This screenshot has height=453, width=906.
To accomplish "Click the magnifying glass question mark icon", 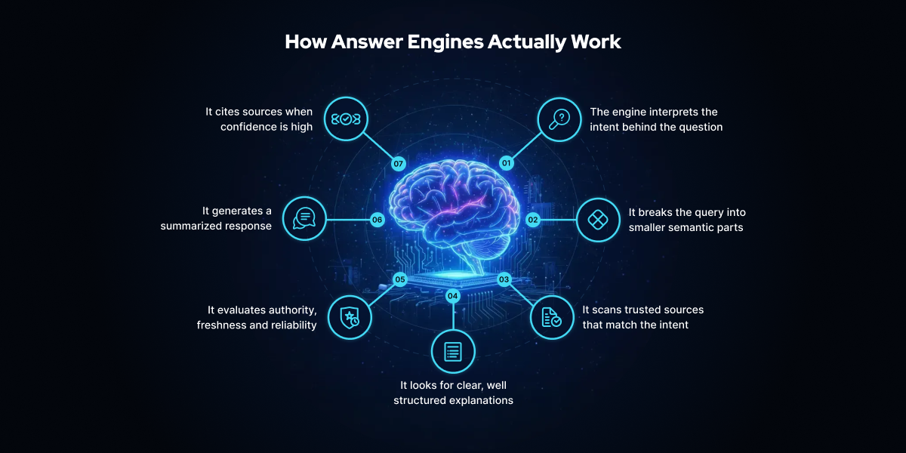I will tap(559, 119).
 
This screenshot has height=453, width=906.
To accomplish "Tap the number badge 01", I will tap(507, 163).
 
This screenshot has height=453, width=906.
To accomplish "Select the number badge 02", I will tap(533, 220).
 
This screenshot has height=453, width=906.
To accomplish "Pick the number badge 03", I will tap(504, 279).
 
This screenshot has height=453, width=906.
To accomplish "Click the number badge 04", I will tap(453, 296).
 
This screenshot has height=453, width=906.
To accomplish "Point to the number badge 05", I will tap(400, 279).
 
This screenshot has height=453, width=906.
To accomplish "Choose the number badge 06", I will tap(377, 220).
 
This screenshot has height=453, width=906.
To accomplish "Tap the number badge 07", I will tap(399, 163).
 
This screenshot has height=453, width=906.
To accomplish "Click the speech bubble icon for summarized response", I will tap(304, 219).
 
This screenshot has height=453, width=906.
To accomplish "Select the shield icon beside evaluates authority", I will tap(350, 318).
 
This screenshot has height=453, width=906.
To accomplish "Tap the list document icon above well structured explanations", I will tap(453, 351).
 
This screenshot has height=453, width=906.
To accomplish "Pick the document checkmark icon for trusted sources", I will tap(552, 317).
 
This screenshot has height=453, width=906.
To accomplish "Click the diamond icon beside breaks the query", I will tap(598, 220).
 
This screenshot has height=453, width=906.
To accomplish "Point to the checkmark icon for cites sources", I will tap(346, 119).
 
